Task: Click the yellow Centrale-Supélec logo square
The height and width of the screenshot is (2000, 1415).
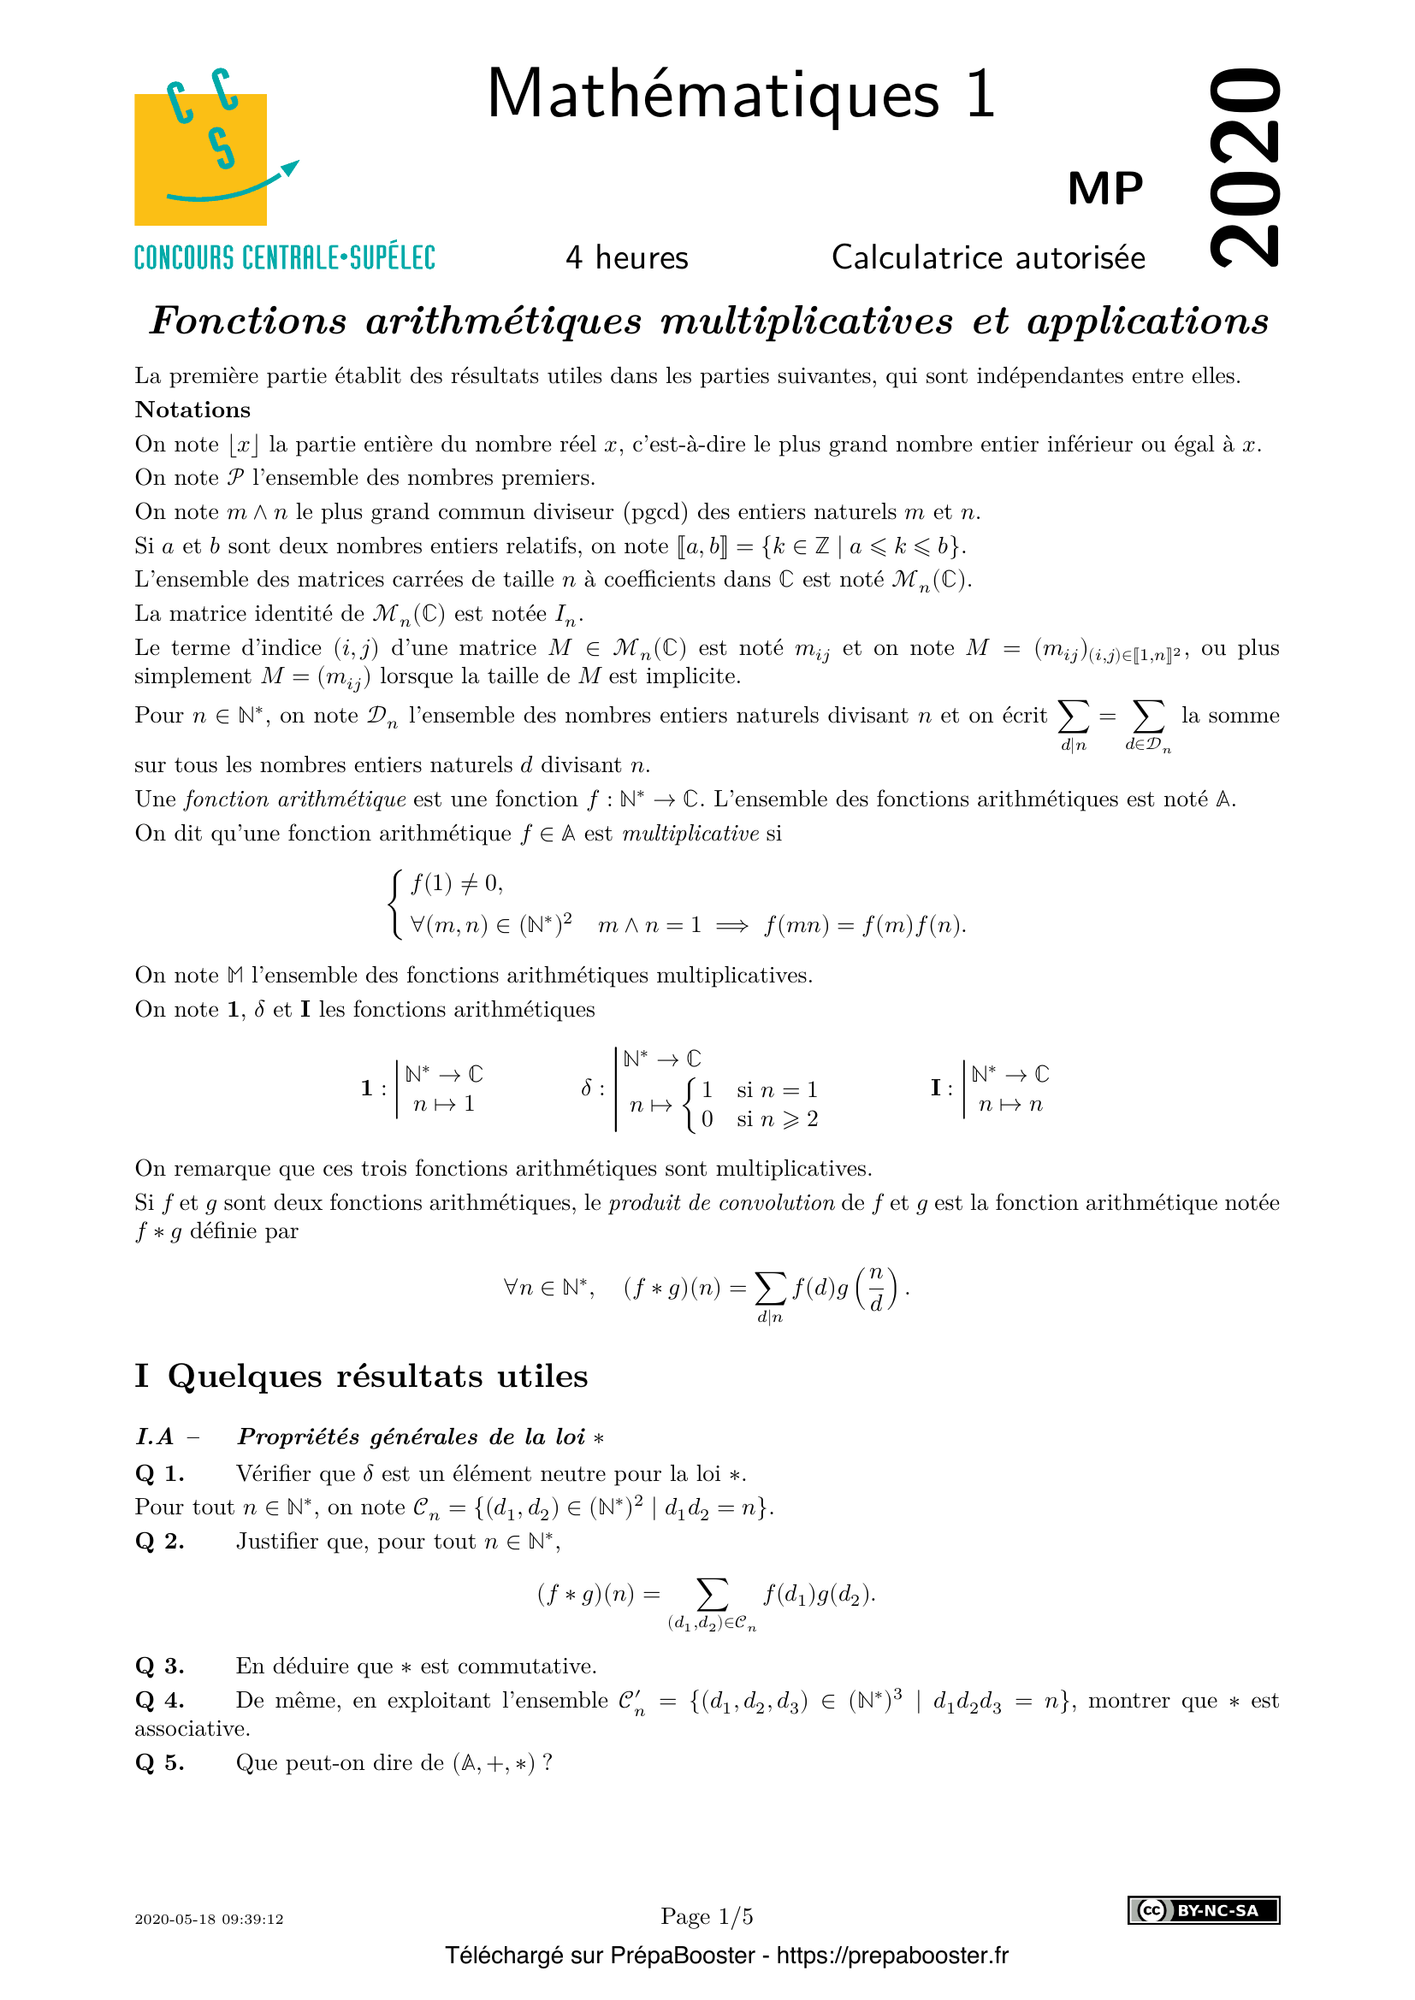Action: [x=199, y=158]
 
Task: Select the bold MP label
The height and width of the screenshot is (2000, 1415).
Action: [x=1104, y=188]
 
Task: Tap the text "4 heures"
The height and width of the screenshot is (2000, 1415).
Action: [x=626, y=258]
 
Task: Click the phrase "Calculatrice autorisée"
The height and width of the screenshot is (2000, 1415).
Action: [x=988, y=258]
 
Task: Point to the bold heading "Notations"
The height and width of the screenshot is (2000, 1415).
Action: [x=192, y=410]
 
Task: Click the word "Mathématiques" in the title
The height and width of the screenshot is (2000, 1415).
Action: [x=713, y=94]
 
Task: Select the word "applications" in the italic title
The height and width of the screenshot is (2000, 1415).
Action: [x=1147, y=321]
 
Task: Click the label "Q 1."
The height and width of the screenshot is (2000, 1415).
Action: [x=159, y=1473]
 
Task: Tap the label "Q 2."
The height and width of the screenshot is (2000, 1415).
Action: [x=159, y=1541]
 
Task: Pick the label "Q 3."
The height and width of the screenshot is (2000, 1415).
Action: [x=159, y=1666]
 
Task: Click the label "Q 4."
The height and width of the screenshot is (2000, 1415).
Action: [x=159, y=1700]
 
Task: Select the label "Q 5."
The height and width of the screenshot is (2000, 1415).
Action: [x=159, y=1762]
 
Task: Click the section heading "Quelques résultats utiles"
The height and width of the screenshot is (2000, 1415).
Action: [x=377, y=1377]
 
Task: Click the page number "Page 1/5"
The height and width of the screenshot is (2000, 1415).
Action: [x=707, y=1916]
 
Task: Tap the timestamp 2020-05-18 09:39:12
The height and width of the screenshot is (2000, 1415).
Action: [x=209, y=1919]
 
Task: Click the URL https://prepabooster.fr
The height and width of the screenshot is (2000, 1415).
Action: [x=891, y=1956]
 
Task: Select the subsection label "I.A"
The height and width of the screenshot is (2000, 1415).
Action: [x=154, y=1437]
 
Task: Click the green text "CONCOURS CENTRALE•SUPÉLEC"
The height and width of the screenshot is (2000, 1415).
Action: [x=284, y=258]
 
